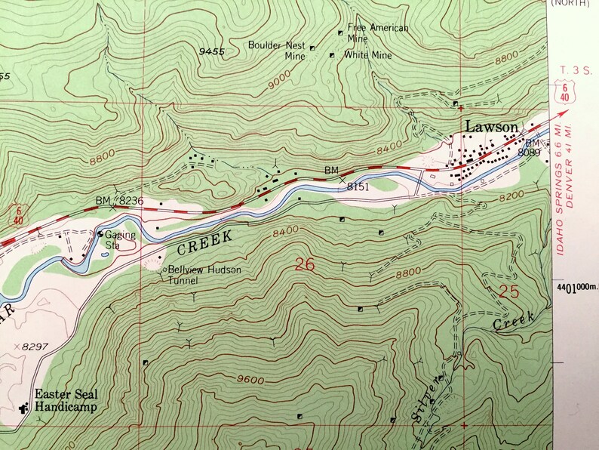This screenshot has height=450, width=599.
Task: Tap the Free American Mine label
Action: click(x=378, y=33)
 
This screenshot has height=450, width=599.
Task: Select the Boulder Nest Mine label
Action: click(x=277, y=50)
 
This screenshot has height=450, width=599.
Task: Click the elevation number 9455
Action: click(x=212, y=51)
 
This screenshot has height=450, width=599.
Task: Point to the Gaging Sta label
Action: click(x=121, y=239)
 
